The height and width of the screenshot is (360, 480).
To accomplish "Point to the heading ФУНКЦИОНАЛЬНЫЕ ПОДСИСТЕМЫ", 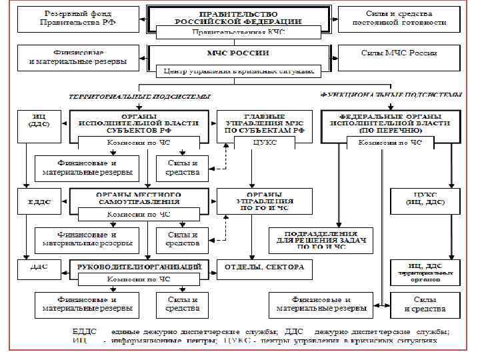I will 391,95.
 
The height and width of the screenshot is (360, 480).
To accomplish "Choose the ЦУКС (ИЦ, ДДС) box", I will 425,199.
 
